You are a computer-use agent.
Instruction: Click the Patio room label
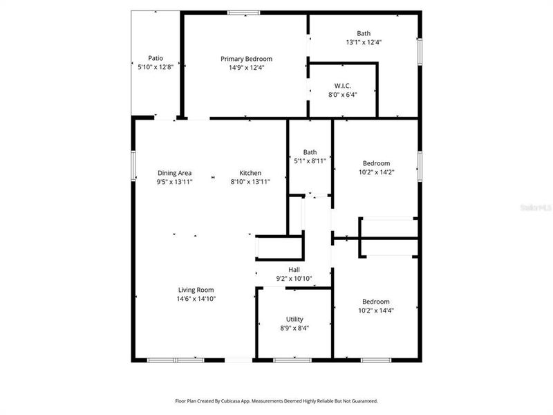pyautogui.click(x=156, y=58)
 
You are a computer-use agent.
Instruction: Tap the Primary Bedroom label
pyautogui.click(x=246, y=59)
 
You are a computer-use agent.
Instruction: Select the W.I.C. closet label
pyautogui.click(x=343, y=86)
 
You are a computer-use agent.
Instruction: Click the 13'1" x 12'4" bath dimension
pyautogui.click(x=364, y=42)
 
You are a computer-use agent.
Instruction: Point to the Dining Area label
pyautogui.click(x=174, y=173)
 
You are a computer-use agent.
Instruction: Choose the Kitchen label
pyautogui.click(x=250, y=173)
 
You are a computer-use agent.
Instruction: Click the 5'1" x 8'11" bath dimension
pyautogui.click(x=310, y=161)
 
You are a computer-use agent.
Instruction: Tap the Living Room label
pyautogui.click(x=196, y=290)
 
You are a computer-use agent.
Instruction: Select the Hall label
pyautogui.click(x=294, y=270)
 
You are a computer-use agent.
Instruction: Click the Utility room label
pyautogui.click(x=294, y=320)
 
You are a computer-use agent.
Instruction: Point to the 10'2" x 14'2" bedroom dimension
pyautogui.click(x=376, y=172)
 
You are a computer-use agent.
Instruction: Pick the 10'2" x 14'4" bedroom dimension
pyautogui.click(x=376, y=311)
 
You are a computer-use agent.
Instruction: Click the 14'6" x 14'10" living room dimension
pyautogui.click(x=196, y=299)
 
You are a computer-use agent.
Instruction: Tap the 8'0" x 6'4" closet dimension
pyautogui.click(x=343, y=95)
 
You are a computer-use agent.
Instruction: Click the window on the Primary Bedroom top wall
pyautogui.click(x=244, y=12)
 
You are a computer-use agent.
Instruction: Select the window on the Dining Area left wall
pyautogui.click(x=133, y=165)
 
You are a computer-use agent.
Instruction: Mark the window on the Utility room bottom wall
pyautogui.click(x=292, y=360)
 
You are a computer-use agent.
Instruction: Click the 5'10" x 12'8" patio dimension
pyautogui.click(x=156, y=67)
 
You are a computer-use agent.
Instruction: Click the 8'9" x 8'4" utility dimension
pyautogui.click(x=294, y=329)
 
